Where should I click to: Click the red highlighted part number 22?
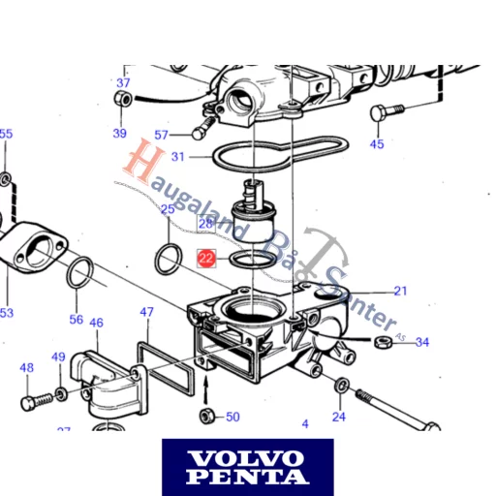205,258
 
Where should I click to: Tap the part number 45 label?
377,144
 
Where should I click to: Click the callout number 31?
177,156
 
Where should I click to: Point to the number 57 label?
161,135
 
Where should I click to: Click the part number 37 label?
123,82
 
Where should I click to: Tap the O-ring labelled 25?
168,258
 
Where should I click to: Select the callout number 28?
205,224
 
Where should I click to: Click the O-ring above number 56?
79,274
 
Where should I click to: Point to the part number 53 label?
7,313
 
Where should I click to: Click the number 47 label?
146,313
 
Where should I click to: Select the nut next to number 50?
206,417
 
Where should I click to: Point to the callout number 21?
401,291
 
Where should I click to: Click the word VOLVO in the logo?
247,457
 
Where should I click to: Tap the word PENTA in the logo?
247,476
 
